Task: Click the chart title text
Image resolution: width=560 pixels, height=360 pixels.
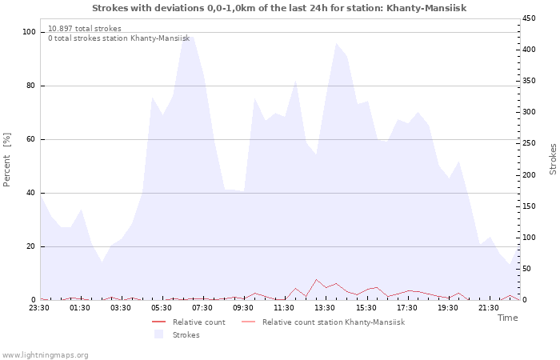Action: coord(279,8)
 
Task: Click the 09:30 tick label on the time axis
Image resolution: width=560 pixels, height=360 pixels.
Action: coord(244,307)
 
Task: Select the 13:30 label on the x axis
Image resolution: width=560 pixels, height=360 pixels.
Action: coord(326,307)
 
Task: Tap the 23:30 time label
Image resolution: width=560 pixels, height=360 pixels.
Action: coord(40,307)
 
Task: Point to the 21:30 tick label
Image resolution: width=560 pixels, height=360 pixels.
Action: coord(489,307)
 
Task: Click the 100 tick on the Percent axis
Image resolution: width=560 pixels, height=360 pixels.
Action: coord(29,32)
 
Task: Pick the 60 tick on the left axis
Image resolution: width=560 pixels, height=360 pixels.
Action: coord(31,139)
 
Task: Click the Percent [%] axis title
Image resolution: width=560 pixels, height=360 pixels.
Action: coord(7,160)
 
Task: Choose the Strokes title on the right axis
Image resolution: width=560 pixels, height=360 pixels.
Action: coord(553,158)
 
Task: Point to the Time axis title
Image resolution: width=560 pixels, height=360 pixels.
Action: coord(507,318)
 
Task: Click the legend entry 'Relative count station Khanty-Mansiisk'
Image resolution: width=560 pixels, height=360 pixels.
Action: coord(333,322)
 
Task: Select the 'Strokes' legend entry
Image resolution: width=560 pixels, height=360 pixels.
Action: coord(186,334)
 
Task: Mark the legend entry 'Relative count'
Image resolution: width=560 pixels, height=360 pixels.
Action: coord(198,322)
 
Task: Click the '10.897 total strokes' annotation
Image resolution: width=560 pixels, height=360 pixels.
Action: coord(85,29)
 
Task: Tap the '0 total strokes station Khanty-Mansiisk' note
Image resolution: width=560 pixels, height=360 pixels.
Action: coord(118,38)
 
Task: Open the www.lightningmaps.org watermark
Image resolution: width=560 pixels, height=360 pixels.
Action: coord(46,354)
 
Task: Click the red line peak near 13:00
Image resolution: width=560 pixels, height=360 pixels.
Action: coord(317,279)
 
